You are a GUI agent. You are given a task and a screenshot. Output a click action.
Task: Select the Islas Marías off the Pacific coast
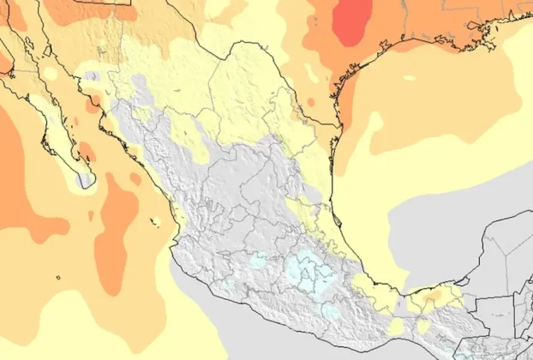(155, 225)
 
